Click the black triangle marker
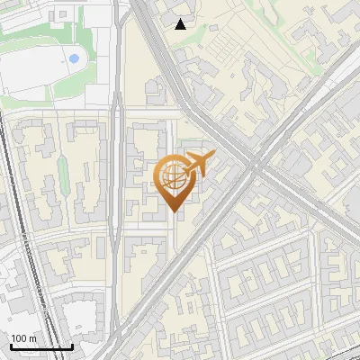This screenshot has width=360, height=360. pyautogui.click(x=181, y=24)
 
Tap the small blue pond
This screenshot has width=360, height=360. pyautogui.click(x=73, y=58)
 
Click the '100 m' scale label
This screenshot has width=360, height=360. pyautogui.click(x=24, y=338)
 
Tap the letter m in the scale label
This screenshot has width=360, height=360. pyautogui.click(x=33, y=338)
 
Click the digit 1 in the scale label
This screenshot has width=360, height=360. pyautogui.click(x=13, y=338)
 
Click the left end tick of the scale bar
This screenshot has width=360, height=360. pyautogui.click(x=10, y=346)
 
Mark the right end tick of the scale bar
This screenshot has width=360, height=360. pyautogui.click(x=72, y=346)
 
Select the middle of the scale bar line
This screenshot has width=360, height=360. pyautogui.click(x=40, y=347)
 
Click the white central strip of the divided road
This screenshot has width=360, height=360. pyautogui.click(x=117, y=180)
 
